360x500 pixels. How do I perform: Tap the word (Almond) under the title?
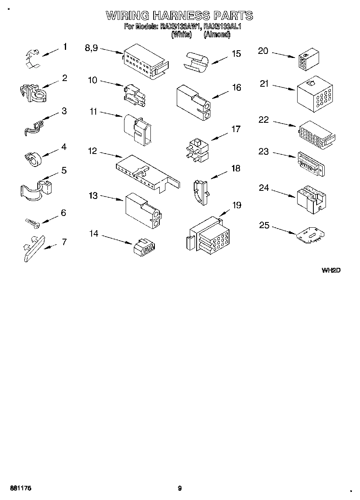[217, 35]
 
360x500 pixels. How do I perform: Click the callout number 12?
[92, 151]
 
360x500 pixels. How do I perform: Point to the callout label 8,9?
[91, 48]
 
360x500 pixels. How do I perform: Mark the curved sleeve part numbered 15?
[197, 62]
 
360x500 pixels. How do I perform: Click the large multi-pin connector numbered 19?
[208, 237]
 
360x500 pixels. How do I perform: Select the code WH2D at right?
[330, 270]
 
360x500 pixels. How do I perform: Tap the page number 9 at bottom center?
[180, 488]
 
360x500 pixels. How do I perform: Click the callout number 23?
[264, 151]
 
